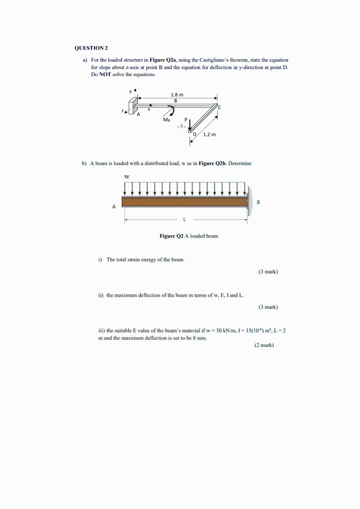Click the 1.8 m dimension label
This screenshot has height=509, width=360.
click(x=177, y=94)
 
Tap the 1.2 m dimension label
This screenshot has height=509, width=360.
click(x=209, y=135)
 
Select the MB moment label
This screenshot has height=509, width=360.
click(x=166, y=120)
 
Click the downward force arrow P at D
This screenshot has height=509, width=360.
click(x=189, y=127)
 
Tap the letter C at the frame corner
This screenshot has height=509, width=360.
click(x=219, y=108)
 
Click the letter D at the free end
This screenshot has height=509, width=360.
click(x=195, y=135)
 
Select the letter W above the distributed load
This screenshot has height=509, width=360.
click(x=126, y=175)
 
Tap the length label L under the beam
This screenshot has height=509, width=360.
click(x=185, y=219)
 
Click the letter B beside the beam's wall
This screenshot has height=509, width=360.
click(x=258, y=202)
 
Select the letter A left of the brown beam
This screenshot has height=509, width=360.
click(x=114, y=206)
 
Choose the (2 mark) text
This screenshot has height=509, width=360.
click(x=264, y=344)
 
